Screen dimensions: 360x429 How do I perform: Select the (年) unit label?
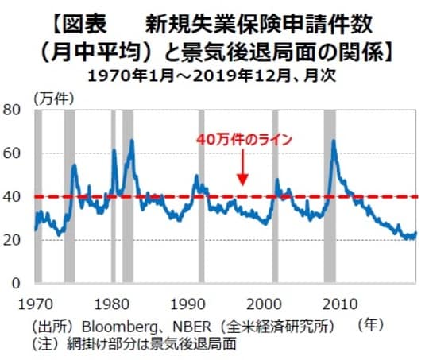[371, 324]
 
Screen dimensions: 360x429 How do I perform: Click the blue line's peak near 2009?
[333, 141]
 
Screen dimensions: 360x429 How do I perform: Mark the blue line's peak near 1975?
[74, 165]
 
